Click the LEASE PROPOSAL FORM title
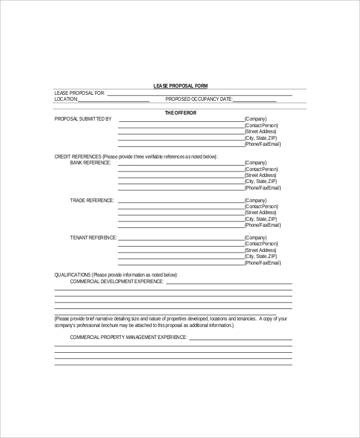tap(180, 86)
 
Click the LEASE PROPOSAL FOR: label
tap(80, 93)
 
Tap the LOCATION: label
tap(67, 99)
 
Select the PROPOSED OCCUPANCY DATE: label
tap(199, 99)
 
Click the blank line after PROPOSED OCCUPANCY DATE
tap(254, 101)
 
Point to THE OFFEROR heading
tap(180, 112)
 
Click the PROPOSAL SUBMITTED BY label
tap(83, 119)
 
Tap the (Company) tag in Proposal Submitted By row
tap(256, 119)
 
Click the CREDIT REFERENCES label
tap(78, 156)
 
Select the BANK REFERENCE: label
tap(90, 163)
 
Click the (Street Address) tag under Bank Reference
tap(260, 175)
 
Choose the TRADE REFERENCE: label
tap(91, 200)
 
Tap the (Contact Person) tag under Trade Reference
tap(261, 206)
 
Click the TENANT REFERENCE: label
tap(93, 238)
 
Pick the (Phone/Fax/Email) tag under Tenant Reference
tap(262, 263)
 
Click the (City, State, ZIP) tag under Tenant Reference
tap(260, 257)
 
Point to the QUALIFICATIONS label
tap(73, 275)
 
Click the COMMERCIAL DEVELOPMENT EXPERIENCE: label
tap(116, 281)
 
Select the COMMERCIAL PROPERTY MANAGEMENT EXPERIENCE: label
tap(128, 337)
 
